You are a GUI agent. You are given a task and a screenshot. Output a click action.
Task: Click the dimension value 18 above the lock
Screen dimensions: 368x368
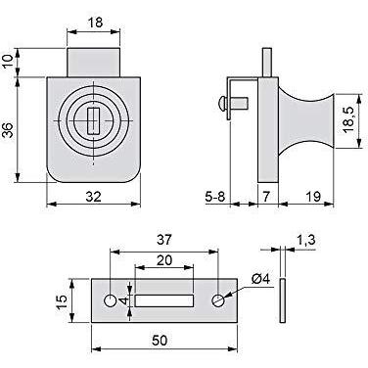tap(95, 23)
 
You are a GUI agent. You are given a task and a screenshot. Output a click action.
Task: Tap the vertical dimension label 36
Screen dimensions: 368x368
tap(9, 130)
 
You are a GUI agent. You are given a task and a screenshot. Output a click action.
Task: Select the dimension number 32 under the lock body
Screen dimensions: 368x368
tap(94, 197)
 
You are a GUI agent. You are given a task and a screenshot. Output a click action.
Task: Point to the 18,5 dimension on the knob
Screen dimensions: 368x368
tap(348, 120)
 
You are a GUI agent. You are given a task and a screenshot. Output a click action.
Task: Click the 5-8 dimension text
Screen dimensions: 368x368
tap(215, 197)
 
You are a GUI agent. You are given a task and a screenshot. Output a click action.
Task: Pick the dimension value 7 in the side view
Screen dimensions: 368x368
tap(267, 197)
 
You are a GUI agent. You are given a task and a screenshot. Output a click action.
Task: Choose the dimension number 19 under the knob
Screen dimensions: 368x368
tap(313, 197)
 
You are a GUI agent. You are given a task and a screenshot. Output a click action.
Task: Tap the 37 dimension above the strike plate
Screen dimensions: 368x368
tap(163, 240)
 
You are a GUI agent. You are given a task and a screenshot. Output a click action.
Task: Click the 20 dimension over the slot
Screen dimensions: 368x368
tap(164, 260)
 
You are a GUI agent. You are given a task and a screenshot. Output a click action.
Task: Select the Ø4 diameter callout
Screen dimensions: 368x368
tap(261, 279)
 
